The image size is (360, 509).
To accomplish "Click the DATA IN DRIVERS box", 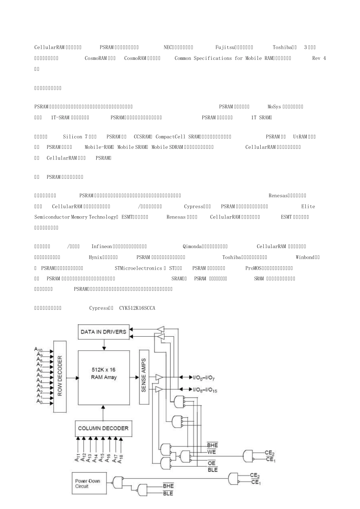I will [103, 332].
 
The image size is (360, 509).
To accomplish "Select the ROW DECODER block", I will [60, 376].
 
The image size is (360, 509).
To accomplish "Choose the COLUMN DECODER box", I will [103, 428].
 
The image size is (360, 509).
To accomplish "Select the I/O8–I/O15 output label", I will [205, 390].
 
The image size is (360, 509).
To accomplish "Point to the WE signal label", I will [211, 452].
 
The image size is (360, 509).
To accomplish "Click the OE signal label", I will [211, 463].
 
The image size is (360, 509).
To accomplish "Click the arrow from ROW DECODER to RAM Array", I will [72, 377].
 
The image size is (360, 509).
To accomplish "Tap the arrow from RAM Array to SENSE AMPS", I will [134, 377].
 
